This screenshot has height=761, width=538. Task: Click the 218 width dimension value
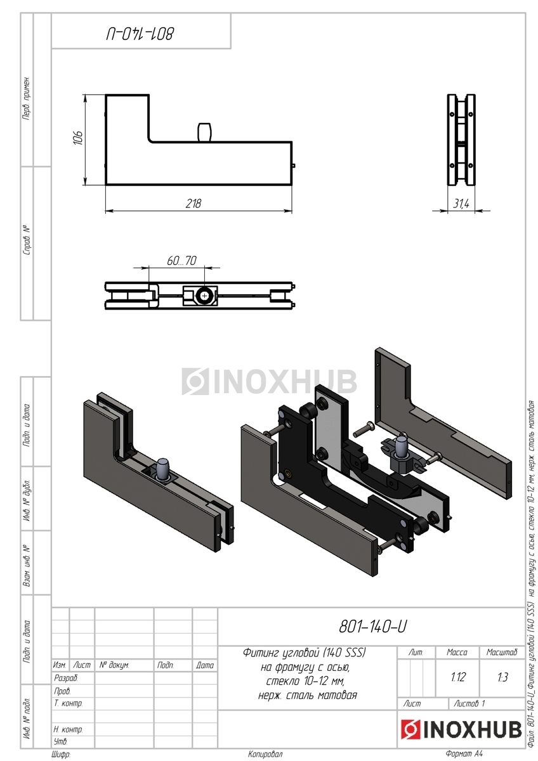[x=194, y=203]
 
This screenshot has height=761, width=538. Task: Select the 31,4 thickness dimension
[x=461, y=204]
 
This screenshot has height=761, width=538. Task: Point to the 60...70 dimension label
[x=181, y=260]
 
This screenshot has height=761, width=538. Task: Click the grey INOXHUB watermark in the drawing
[x=269, y=381]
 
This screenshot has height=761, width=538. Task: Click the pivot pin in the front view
[x=205, y=132]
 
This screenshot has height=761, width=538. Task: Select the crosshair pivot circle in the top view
[x=204, y=296]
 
